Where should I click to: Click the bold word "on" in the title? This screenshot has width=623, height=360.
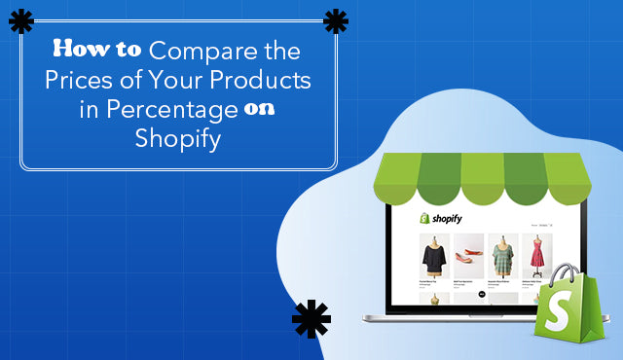[258, 109]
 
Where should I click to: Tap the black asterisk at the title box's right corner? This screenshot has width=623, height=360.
[336, 21]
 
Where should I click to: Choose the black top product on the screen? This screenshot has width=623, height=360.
[433, 257]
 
